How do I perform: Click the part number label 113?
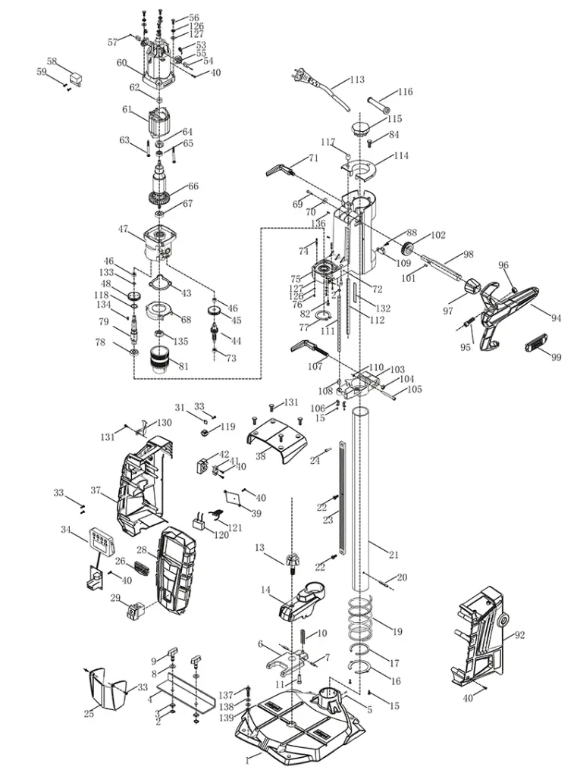click(357, 80)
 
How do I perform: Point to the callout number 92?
click(519, 635)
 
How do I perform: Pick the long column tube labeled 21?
click(361, 500)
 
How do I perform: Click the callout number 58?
click(52, 61)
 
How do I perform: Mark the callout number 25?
click(89, 714)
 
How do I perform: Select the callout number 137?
click(226, 695)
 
